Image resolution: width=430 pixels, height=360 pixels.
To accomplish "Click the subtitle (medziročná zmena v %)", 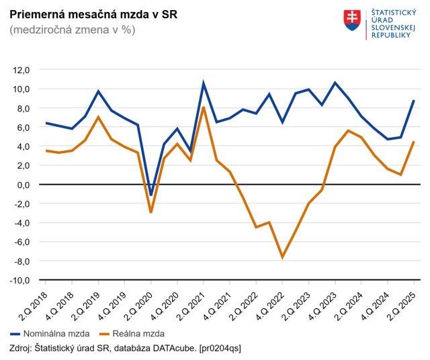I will point(72,30).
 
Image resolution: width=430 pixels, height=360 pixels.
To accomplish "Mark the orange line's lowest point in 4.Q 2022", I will point(282,257).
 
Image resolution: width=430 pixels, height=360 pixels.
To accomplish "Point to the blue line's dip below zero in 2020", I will point(151,195).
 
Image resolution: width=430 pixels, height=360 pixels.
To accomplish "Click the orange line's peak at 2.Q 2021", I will point(204,107).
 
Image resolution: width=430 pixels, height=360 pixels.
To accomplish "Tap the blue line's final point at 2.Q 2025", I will point(413,101).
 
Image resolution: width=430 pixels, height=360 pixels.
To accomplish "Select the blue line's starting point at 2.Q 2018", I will point(46,123).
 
